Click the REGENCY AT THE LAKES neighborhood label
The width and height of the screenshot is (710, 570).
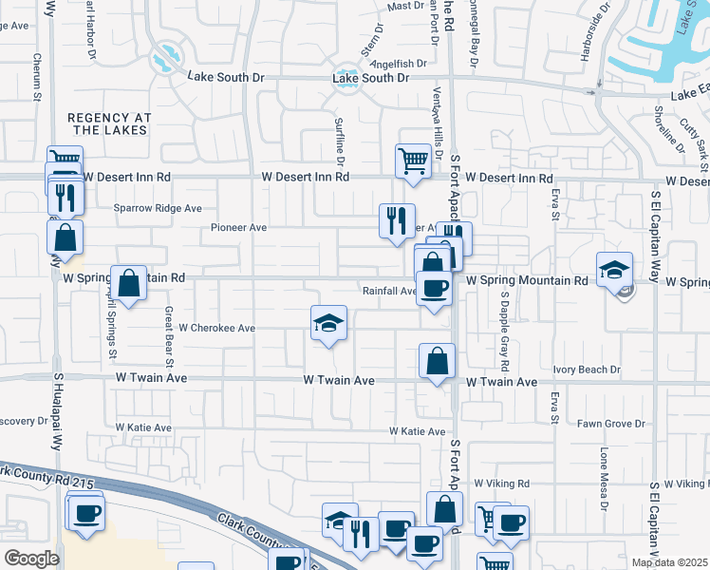point(109,123)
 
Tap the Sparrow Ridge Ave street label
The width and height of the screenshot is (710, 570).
point(158,208)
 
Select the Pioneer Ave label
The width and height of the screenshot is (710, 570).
point(238,228)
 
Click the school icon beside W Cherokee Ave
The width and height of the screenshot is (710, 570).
point(328,324)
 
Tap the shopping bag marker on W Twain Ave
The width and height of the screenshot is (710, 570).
point(437,361)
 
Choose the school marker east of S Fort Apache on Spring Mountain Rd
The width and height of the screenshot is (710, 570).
point(614,270)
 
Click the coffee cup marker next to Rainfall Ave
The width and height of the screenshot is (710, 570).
point(435,288)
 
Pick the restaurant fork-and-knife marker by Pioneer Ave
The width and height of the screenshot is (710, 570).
point(396,220)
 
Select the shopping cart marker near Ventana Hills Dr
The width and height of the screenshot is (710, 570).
point(414,161)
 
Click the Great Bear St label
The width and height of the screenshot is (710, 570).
point(169,336)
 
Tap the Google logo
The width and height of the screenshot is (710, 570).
point(31,559)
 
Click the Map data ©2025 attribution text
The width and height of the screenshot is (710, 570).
point(668,562)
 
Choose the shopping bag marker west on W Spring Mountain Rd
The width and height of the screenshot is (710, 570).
point(129,282)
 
